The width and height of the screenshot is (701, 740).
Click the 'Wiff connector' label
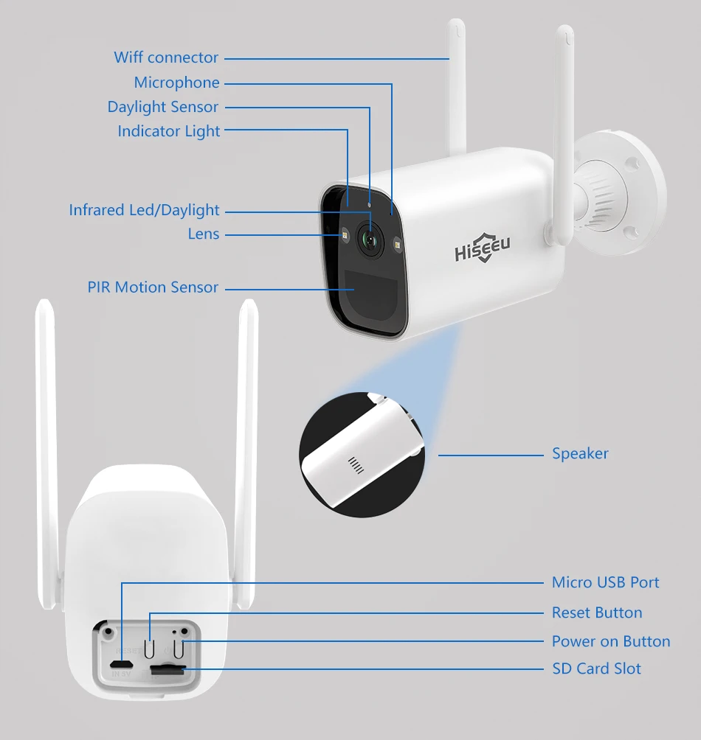(166, 57)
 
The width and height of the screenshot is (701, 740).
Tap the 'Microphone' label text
(176, 83)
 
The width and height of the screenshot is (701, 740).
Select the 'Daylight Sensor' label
(163, 107)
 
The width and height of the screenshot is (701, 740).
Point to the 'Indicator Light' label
(169, 131)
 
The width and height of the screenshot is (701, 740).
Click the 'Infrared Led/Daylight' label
(145, 210)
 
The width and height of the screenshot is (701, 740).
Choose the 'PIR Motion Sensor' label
(153, 287)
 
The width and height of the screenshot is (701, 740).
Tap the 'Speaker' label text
(580, 453)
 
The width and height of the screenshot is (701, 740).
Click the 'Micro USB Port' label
(605, 582)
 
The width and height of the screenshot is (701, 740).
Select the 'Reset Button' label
(596, 612)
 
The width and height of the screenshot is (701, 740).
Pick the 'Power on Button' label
(611, 641)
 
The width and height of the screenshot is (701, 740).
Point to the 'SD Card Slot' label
(596, 669)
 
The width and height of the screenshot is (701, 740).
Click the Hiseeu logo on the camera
(482, 248)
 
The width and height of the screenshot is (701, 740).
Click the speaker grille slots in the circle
(356, 464)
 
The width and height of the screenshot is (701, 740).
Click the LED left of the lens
(343, 236)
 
